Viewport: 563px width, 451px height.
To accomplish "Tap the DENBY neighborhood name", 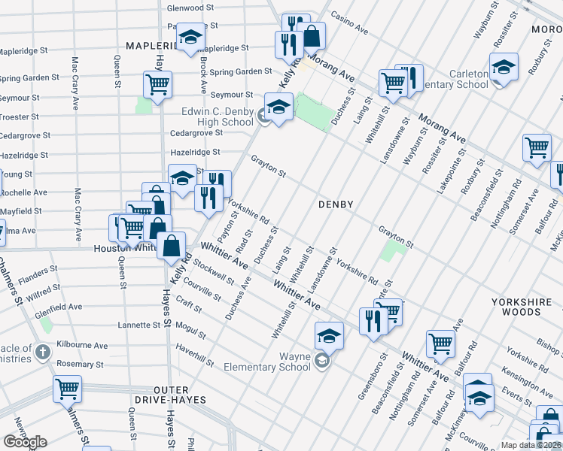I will [x=336, y=204].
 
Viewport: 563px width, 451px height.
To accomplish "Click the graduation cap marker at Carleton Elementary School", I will [x=503, y=67].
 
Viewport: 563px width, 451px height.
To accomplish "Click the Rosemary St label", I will [x=80, y=365].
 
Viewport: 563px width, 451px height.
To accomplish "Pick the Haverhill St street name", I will [x=195, y=352].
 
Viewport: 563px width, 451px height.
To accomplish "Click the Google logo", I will [x=26, y=442].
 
